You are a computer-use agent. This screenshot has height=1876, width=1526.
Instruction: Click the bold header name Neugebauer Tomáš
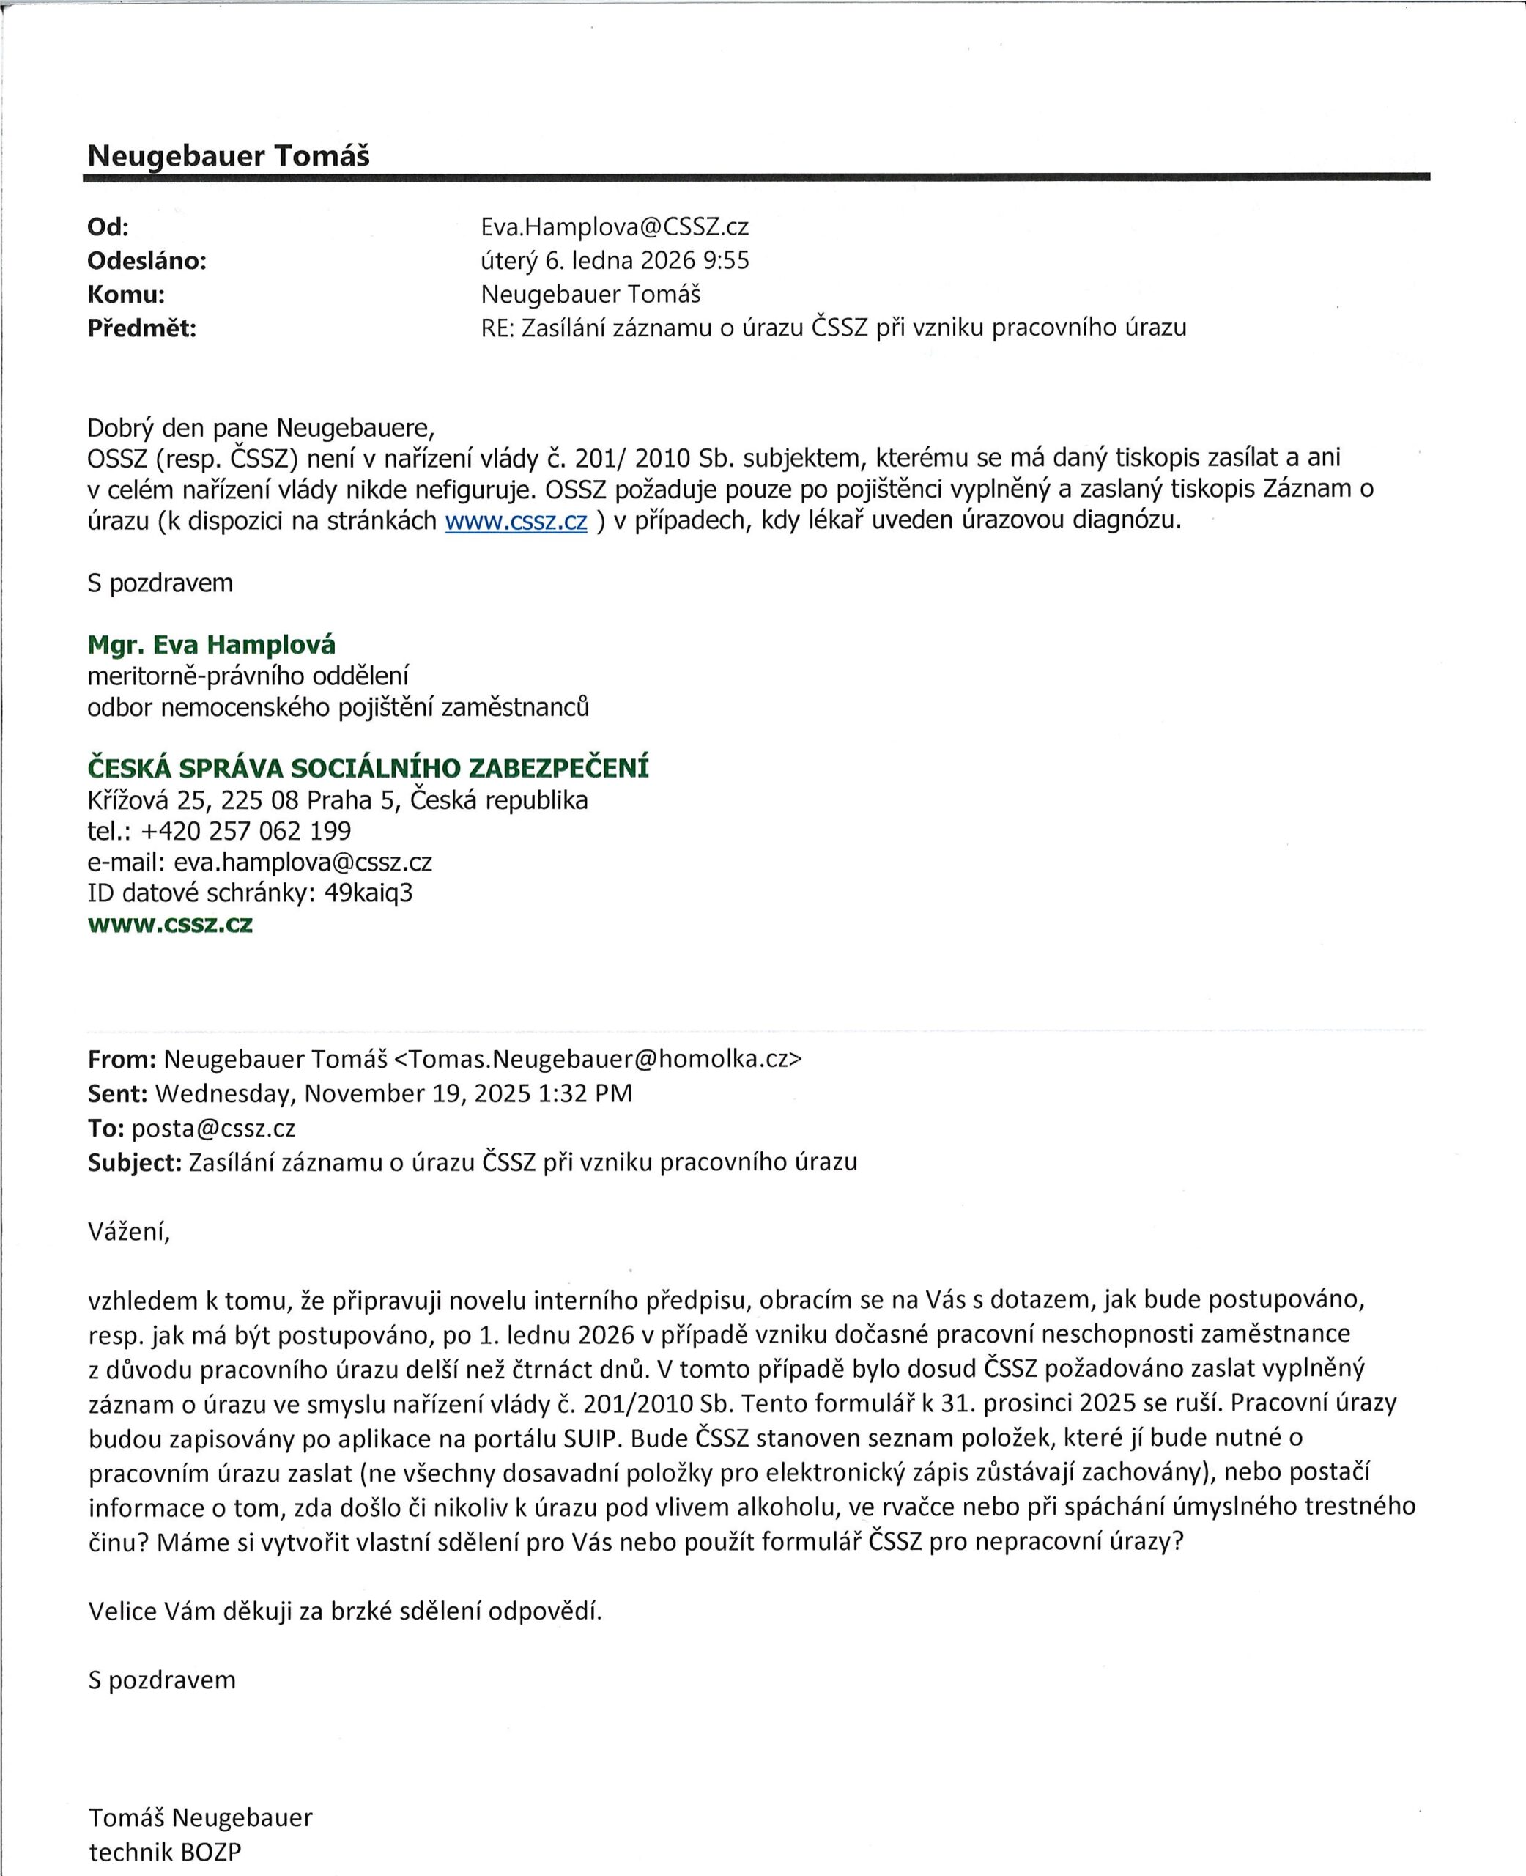(228, 157)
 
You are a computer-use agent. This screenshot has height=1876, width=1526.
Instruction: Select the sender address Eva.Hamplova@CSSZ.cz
(615, 228)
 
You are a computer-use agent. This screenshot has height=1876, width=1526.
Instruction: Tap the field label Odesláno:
(147, 261)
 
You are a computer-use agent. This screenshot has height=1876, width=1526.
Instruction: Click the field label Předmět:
(141, 329)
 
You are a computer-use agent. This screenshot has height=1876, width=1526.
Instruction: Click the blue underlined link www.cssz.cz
(516, 521)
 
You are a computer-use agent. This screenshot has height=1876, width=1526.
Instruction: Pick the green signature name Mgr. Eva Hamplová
(211, 646)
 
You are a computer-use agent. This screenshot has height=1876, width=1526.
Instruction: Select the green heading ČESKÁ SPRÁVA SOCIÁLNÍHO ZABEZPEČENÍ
(368, 769)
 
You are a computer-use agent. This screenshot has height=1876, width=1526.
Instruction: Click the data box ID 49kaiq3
(368, 893)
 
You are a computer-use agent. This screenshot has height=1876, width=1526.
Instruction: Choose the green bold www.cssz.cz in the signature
(170, 925)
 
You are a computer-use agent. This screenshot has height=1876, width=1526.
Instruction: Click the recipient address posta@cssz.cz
(212, 1129)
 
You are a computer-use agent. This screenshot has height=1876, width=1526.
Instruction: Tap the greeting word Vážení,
(128, 1233)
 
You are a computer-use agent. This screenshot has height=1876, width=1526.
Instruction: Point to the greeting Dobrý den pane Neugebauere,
(261, 429)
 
